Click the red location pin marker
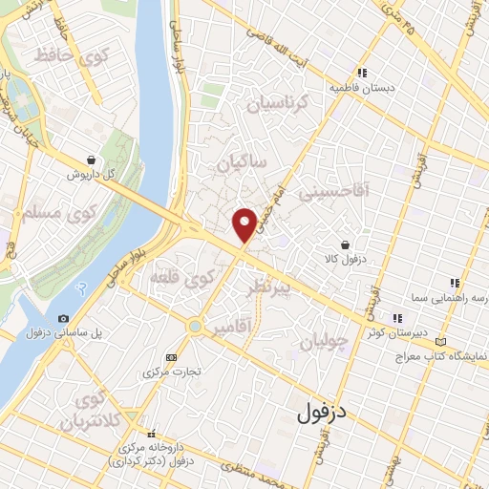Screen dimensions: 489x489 point(244,223)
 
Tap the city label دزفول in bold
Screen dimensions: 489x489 point(319,413)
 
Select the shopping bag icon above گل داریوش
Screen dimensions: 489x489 point(90,159)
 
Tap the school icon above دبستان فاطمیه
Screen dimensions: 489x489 point(361,73)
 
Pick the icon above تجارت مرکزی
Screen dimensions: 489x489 point(171,357)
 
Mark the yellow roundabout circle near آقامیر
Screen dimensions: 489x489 point(196,327)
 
